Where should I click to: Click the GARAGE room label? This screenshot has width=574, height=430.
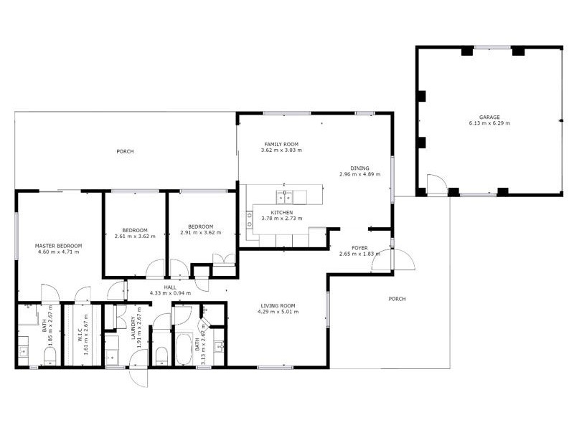pos(489,118)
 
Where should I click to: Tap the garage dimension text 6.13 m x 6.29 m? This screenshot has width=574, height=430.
pos(489,124)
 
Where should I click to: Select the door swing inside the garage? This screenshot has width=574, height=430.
pos(434,183)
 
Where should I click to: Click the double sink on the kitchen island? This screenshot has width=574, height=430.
pos(285,194)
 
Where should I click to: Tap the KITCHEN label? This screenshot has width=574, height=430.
pos(281,213)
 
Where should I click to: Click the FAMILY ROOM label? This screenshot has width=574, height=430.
pos(281,145)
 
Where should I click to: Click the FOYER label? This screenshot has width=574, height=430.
pos(359,248)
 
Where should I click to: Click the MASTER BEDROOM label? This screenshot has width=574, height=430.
pos(59,246)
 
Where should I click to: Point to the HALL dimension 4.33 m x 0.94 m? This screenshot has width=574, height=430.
pos(170,293)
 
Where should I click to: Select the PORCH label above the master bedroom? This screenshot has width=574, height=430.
pos(126,151)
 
